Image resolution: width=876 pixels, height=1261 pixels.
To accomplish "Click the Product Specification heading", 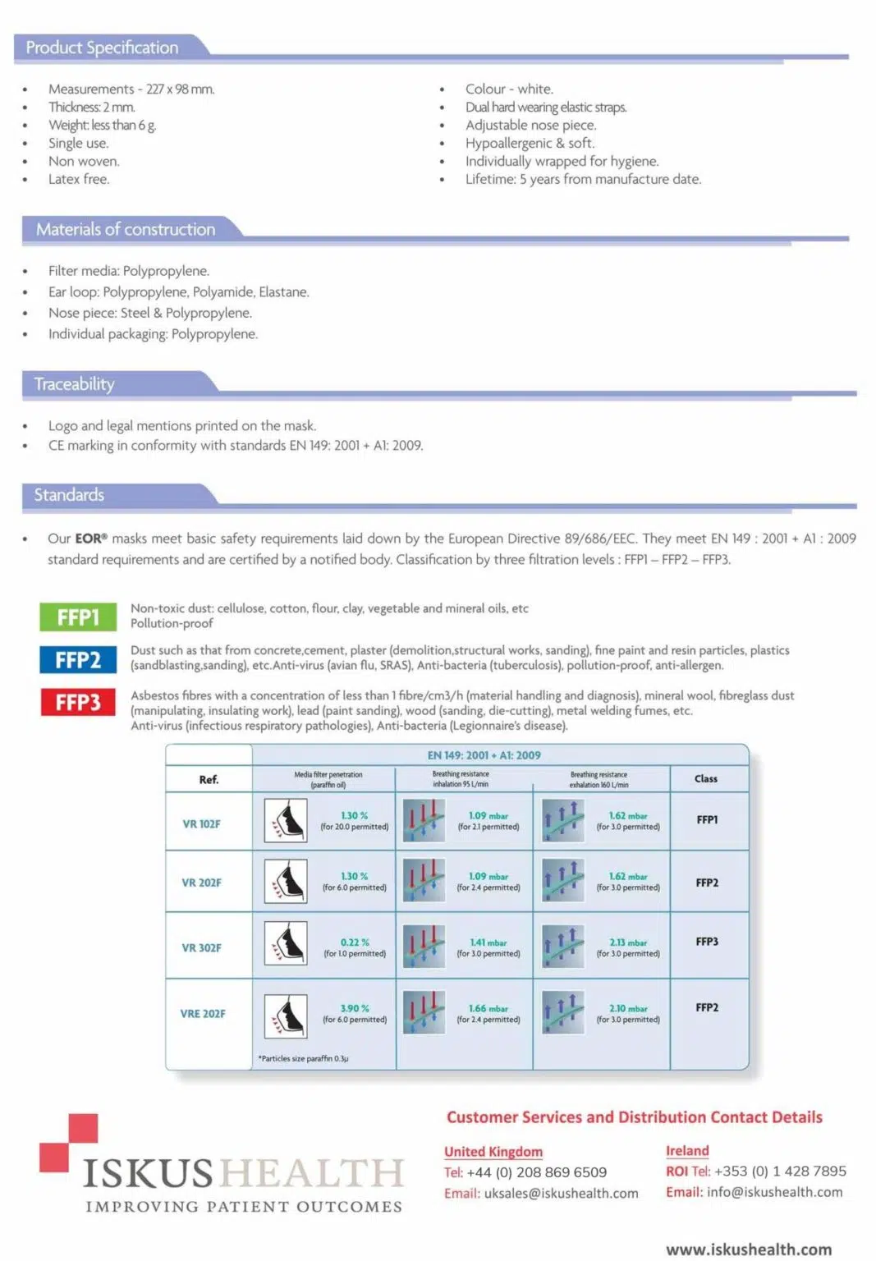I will pos(102,48).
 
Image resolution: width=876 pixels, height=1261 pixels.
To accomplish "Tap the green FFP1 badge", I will pos(77,617).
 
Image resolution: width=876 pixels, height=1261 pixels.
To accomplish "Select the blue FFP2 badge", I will pos(77,659).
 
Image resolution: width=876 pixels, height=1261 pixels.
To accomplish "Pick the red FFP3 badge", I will pos(77,702).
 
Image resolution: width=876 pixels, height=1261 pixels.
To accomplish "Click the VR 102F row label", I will pos(201,823).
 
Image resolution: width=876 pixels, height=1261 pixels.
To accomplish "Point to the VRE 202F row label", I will pos(203,1014).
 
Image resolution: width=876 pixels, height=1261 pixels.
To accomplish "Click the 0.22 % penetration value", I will pos(355,942).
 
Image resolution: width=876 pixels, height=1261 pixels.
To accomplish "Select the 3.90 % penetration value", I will pos(355,1008).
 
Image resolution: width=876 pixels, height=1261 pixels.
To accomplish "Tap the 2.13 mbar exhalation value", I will pos(628,942).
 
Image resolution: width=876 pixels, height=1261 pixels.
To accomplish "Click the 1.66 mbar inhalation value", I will pos(488,1008).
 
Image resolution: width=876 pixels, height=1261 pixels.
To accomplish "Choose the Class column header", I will pos(706,778).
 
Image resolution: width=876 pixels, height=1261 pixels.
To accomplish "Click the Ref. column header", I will pos(209,780).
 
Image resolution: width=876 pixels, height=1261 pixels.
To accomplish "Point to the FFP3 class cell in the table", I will pos(707,942).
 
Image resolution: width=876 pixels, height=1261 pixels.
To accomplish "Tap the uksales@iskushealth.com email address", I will pos(561,1193).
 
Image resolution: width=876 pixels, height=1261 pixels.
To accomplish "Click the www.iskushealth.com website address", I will pos(749,1249).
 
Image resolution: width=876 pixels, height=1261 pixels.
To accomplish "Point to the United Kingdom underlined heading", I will pos(493,1152).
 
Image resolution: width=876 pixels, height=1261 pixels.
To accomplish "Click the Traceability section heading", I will pos(74,384).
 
